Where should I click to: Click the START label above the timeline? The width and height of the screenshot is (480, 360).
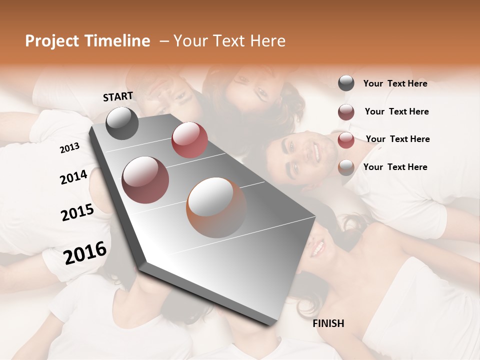(x=118, y=96)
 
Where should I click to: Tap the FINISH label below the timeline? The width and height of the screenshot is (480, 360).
(x=328, y=323)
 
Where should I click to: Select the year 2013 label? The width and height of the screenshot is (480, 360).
(x=69, y=148)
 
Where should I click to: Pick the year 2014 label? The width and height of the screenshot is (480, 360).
(x=73, y=177)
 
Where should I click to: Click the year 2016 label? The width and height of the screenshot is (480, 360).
(x=85, y=252)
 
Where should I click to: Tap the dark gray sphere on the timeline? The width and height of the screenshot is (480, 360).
(x=122, y=123)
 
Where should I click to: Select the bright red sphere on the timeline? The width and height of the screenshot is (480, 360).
(x=189, y=140)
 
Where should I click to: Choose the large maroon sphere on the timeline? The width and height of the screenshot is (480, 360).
(x=145, y=180)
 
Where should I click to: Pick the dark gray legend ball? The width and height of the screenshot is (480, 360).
(x=346, y=83)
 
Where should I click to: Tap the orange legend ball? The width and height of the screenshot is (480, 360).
(x=346, y=167)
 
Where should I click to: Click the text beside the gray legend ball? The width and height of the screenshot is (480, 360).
(x=395, y=83)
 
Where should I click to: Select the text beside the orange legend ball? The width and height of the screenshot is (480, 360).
(x=395, y=167)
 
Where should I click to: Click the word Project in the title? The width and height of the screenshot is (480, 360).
(x=50, y=41)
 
